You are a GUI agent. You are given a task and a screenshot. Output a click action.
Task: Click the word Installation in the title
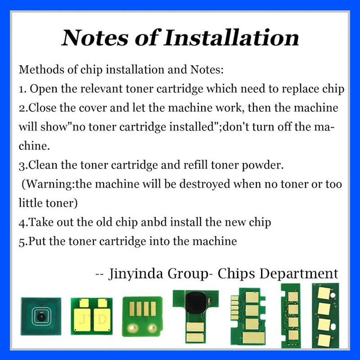point(231,38)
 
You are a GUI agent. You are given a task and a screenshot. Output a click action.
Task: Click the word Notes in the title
point(95,38)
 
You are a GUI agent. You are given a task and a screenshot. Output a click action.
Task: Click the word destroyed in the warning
point(205,184)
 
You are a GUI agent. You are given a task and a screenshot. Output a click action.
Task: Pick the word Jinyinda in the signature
point(136,274)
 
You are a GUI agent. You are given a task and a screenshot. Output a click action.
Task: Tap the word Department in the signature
point(299,274)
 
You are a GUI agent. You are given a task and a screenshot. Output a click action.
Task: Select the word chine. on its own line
point(34,146)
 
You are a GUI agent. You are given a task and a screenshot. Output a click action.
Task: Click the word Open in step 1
point(44,89)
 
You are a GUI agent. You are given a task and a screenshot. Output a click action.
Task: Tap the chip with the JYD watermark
point(92,316)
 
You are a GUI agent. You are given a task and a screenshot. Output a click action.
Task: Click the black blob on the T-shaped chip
point(195,302)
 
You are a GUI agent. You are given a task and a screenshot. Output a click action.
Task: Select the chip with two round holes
point(143,316)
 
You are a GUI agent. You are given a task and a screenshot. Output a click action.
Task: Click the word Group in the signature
point(188,274)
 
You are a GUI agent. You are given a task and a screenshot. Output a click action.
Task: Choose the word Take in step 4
point(41,222)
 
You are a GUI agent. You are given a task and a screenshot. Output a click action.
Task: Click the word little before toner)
point(31,203)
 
